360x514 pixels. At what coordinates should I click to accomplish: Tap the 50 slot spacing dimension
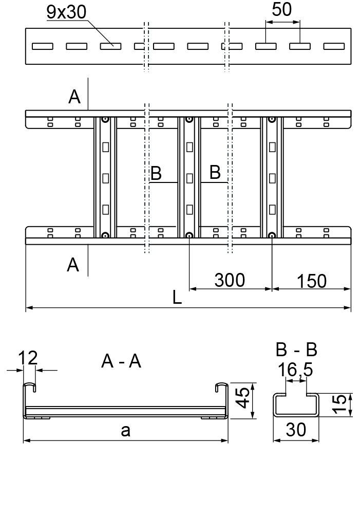point(282,9)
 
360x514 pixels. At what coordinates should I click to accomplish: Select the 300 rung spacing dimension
point(230,280)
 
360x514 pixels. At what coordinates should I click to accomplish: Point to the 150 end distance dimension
point(312,281)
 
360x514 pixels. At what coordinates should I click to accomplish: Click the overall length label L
point(177,298)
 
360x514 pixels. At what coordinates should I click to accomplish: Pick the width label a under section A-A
point(125,431)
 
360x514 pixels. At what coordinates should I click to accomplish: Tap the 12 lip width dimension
point(28,358)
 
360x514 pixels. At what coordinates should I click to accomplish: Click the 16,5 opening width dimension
point(295,370)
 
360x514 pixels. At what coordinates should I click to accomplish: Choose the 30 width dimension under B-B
point(296,429)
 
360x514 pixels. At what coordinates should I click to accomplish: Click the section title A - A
point(121,361)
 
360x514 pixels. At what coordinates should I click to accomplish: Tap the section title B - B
point(296,350)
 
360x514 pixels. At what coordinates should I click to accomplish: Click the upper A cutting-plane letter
point(74,97)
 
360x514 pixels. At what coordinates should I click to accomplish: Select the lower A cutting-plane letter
point(73,265)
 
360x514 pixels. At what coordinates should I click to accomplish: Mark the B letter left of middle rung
point(156,173)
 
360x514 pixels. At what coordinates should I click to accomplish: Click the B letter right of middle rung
point(215,172)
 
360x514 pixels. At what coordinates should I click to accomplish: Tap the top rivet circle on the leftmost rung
point(105,120)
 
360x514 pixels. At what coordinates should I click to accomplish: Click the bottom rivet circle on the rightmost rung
point(272,235)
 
